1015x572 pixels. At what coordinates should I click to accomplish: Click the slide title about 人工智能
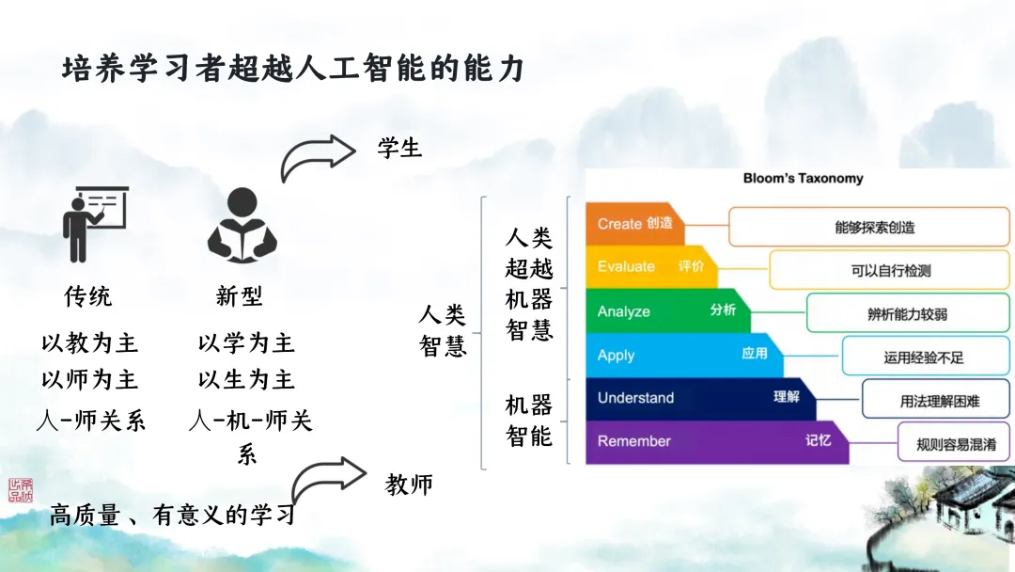click(x=292, y=69)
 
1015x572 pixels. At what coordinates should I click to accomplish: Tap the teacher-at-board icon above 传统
click(x=93, y=224)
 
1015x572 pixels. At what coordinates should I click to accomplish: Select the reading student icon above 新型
click(x=242, y=225)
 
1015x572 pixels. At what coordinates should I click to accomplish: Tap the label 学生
click(x=399, y=148)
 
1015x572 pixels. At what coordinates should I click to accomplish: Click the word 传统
click(x=87, y=297)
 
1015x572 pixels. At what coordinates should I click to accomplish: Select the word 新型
click(x=240, y=297)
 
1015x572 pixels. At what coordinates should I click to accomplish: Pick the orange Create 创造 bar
click(x=635, y=224)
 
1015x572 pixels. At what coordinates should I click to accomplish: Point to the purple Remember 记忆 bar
click(x=714, y=441)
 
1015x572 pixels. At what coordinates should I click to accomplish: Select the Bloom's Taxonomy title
click(x=803, y=178)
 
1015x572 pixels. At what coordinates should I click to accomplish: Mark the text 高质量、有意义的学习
click(x=173, y=516)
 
